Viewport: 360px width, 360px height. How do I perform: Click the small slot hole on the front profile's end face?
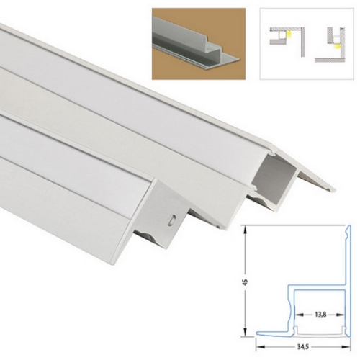tap(171, 217)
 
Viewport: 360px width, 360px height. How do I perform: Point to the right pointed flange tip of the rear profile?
tap(335, 189)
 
